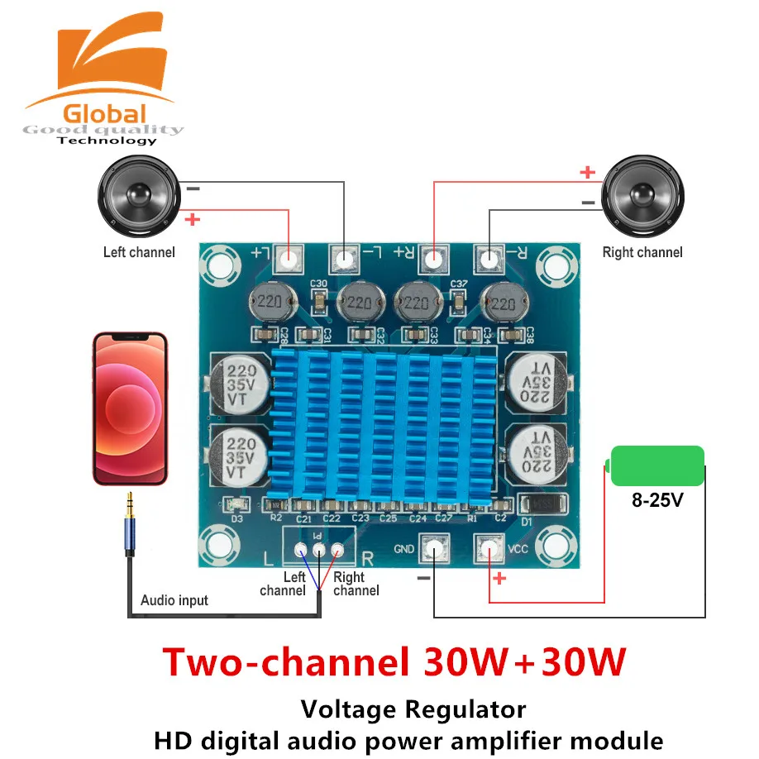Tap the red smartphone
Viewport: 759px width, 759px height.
click(x=130, y=408)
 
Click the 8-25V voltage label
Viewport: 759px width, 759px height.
click(x=657, y=501)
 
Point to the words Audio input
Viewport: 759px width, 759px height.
click(x=174, y=600)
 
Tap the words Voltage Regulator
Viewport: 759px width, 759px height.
click(x=413, y=709)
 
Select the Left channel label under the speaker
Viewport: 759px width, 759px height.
click(x=139, y=251)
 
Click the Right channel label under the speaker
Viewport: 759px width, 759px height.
click(x=642, y=251)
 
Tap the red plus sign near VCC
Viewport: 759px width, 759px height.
click(x=499, y=579)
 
